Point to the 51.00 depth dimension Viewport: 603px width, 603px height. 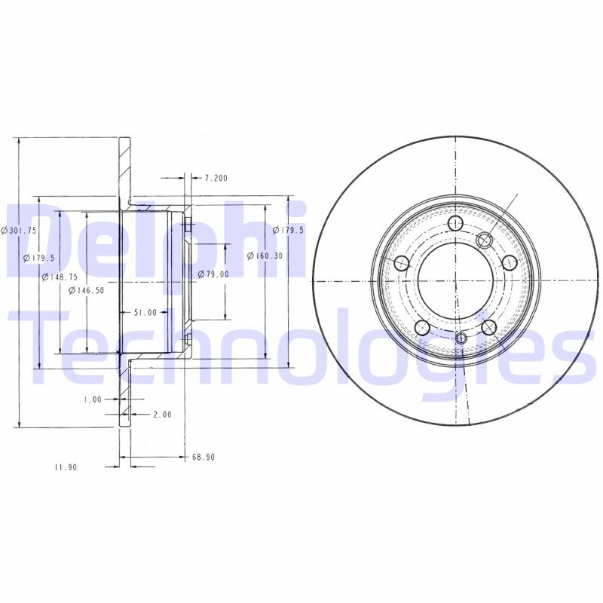tap(145, 312)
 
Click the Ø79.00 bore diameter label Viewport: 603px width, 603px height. tap(213, 274)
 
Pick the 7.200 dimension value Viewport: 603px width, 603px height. tap(216, 178)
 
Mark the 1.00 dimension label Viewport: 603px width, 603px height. tap(93, 399)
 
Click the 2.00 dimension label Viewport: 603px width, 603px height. tap(162, 414)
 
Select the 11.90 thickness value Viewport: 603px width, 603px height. tap(66, 467)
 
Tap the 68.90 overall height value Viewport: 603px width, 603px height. tap(204, 457)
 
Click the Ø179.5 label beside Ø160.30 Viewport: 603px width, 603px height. tap(287, 230)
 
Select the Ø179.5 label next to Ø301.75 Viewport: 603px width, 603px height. tap(38, 258)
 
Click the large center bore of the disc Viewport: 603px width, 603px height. tap(456, 280)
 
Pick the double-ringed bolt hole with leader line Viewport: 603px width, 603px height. tap(484, 240)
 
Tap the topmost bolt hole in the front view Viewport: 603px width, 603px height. tap(455, 224)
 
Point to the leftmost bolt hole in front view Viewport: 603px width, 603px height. tap(402, 263)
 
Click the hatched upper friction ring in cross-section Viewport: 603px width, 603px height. tap(124, 170)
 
